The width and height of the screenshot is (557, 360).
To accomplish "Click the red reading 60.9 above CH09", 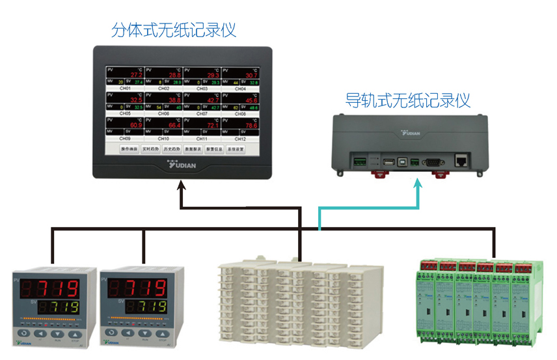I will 136,126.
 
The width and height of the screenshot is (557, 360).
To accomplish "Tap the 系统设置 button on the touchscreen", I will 235,150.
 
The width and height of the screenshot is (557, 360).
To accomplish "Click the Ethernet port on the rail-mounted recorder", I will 463,160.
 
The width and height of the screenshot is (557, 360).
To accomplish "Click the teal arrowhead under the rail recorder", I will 418,186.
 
